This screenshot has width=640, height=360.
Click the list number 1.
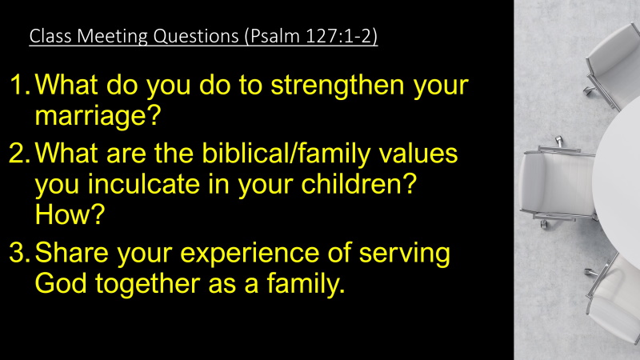coord(19,85)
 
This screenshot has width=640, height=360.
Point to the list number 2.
coord(19,153)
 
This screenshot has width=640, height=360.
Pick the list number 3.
coord(19,252)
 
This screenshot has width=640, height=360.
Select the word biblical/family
coord(286,155)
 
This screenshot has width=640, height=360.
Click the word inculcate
coord(144,184)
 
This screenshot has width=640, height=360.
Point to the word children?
coord(358,184)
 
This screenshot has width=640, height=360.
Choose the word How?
coord(70,214)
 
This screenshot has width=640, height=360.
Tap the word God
coord(61,283)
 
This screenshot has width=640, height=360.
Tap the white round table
coord(618,179)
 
